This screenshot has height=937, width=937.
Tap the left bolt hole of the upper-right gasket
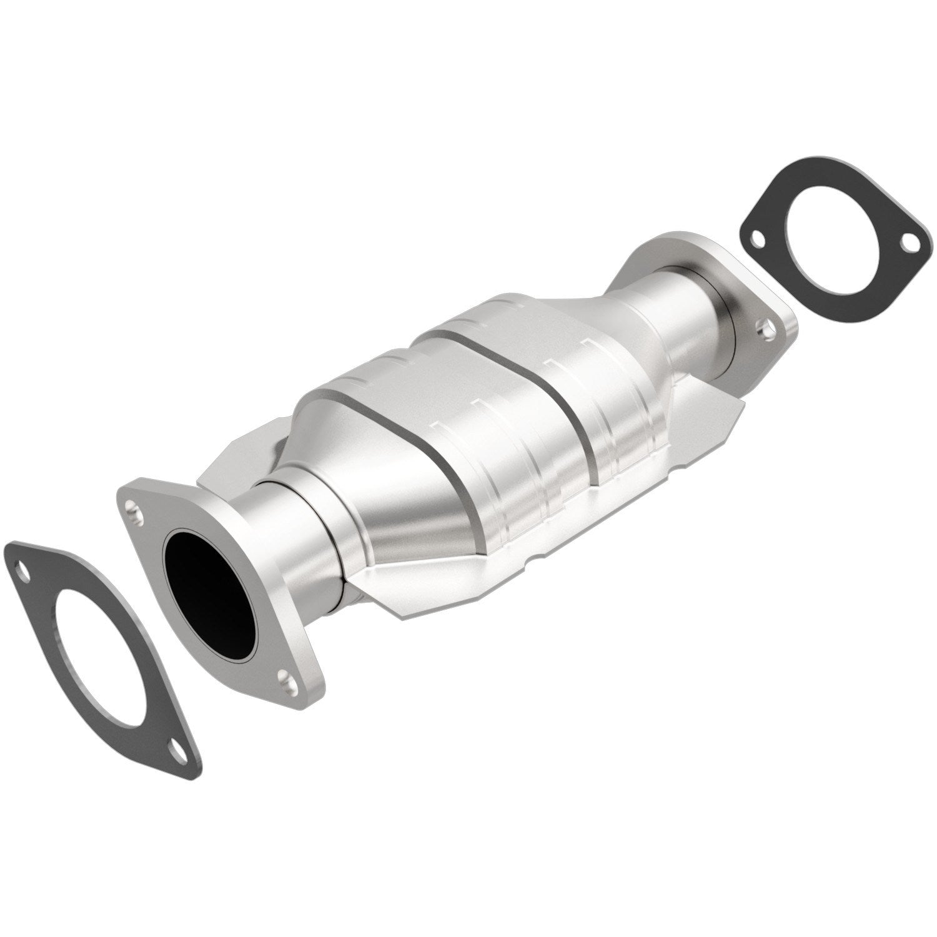[x=757, y=237]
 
